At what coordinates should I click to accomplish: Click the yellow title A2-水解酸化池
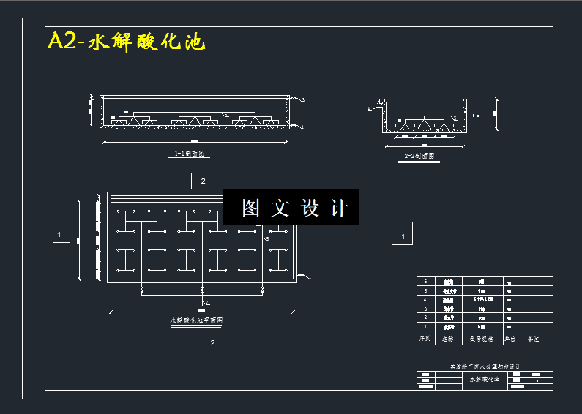126,42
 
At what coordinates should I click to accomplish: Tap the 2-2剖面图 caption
419,156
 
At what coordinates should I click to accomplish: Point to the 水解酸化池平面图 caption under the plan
196,320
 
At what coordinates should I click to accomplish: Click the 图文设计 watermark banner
291,208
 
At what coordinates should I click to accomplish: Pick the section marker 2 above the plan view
203,180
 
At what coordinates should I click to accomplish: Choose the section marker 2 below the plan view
212,342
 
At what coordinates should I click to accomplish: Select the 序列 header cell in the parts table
424,339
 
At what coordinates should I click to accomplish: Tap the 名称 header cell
447,339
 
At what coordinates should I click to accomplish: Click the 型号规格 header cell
481,339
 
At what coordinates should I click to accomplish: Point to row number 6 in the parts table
425,281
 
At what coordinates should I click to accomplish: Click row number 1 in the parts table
425,326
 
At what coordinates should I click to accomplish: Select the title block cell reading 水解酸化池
484,379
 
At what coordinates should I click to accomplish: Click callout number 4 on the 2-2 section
370,110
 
